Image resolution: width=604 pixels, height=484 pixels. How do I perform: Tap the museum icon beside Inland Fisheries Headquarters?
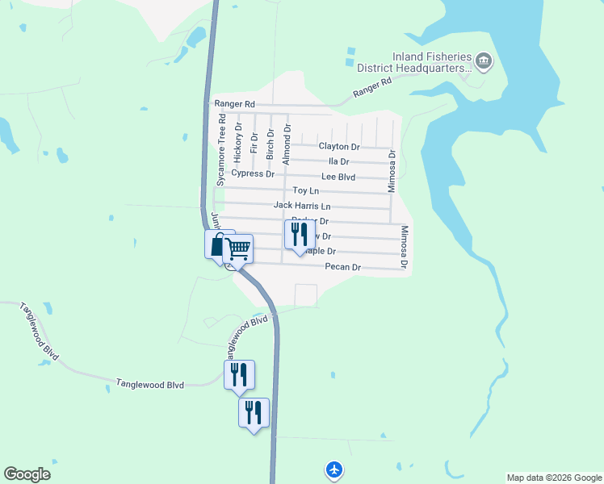point(484,60)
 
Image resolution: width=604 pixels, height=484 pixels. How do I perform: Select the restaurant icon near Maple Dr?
point(299,235)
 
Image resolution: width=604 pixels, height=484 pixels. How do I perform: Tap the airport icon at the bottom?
point(334,469)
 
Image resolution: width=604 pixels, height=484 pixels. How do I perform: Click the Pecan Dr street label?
point(342,267)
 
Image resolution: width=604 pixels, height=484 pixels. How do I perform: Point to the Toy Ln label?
point(305,190)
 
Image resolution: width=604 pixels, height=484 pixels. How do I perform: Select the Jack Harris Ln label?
point(301,206)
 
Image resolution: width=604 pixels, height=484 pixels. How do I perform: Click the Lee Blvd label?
point(338,176)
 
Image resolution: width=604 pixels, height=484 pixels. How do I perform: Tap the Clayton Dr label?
point(338,147)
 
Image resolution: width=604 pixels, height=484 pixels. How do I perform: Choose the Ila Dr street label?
point(349,161)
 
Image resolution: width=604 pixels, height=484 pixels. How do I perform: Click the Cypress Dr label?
point(254,173)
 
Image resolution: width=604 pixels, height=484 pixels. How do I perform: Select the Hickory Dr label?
point(238,139)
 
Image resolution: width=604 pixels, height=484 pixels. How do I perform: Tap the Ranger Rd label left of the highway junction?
point(234,104)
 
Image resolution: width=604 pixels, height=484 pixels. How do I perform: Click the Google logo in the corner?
point(27,474)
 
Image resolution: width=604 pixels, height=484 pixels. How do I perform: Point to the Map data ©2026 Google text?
point(554,478)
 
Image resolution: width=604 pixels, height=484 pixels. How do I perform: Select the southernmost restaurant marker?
point(254,413)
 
